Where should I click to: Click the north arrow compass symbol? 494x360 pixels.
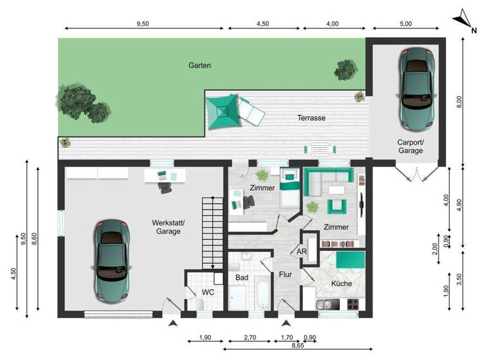(x=465, y=21)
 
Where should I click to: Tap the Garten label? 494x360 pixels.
(x=199, y=66)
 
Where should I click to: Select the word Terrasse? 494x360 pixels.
(x=311, y=118)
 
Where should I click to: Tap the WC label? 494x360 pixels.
(x=208, y=292)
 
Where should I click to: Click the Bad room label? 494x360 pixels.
(x=242, y=278)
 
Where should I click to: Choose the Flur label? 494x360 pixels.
(x=286, y=274)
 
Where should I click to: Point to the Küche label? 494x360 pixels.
(x=342, y=283)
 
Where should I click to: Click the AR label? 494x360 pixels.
(x=301, y=251)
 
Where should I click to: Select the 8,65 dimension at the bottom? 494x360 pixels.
(x=297, y=345)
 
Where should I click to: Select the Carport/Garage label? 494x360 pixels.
(x=410, y=146)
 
